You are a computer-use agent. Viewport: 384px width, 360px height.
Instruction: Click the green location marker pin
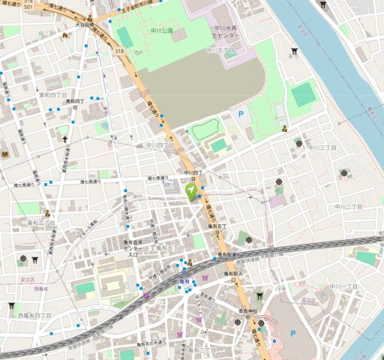click(191, 190)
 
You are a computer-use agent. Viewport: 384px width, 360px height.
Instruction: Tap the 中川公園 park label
click(160, 31)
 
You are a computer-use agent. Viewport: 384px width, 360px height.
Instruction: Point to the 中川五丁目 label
click(220, 50)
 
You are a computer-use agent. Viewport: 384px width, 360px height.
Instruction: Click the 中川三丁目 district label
click(322, 148)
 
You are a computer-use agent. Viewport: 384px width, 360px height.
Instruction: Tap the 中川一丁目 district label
click(343, 286)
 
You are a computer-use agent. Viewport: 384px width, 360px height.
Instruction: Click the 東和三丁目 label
click(40, 222)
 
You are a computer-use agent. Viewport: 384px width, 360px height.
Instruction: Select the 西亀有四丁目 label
click(35, 316)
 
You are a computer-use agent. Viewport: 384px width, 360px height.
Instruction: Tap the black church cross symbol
click(65, 139)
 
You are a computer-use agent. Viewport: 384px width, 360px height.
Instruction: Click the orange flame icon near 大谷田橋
click(90, 18)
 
